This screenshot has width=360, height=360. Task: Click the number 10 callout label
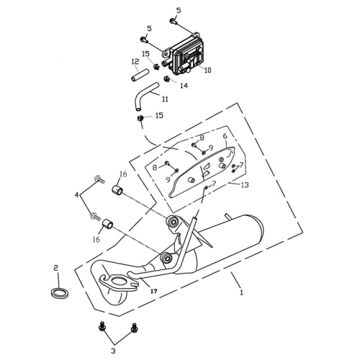(x=207, y=71)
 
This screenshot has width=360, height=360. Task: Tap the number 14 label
(x=183, y=85)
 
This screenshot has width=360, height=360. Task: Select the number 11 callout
(x=165, y=99)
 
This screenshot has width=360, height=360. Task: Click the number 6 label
(x=225, y=136)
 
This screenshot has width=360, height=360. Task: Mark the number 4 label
(x=77, y=194)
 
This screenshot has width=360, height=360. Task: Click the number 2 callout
(x=55, y=267)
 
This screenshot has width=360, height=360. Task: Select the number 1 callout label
(x=241, y=293)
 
